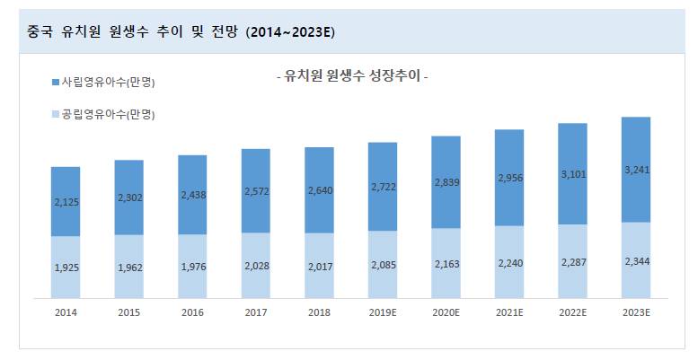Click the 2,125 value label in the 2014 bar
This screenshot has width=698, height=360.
(x=66, y=202)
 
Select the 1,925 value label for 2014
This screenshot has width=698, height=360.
(x=66, y=268)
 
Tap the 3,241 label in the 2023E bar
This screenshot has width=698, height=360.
(x=636, y=169)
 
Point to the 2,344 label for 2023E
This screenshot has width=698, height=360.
(x=636, y=260)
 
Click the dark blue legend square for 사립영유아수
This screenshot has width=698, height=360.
(x=56, y=83)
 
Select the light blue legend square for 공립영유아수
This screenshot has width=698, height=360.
(x=56, y=115)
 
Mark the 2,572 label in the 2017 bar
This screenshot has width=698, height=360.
(x=256, y=190)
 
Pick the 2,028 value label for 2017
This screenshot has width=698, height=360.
(x=256, y=266)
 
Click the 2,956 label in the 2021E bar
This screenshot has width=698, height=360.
(x=509, y=178)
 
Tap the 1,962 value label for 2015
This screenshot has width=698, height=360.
(x=129, y=267)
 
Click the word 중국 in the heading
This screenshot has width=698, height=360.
(x=40, y=32)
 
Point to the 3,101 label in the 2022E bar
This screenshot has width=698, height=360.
(x=572, y=173)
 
